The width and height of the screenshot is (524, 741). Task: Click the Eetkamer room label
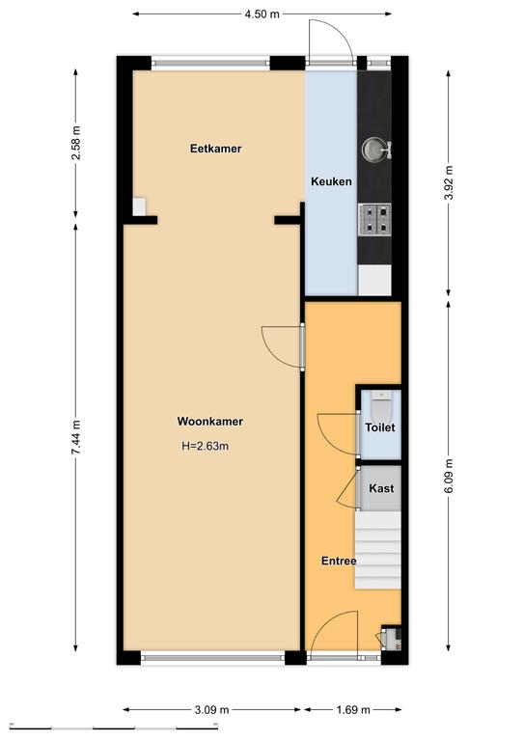click(x=215, y=149)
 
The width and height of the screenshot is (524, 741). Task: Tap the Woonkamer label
click(x=209, y=421)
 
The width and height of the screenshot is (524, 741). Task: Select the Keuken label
click(x=331, y=181)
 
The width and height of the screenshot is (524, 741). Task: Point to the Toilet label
click(x=380, y=427)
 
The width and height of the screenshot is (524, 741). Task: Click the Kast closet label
click(x=381, y=488)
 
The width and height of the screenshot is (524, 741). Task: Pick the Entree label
click(x=339, y=561)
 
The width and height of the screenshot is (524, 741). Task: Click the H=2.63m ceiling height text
click(x=205, y=446)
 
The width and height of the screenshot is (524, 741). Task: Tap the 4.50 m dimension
click(x=262, y=14)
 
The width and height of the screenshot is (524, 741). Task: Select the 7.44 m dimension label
click(x=75, y=437)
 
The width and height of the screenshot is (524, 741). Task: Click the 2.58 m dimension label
click(x=75, y=142)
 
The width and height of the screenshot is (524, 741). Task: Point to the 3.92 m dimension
click(x=449, y=182)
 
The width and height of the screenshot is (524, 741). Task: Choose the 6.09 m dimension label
click(x=449, y=476)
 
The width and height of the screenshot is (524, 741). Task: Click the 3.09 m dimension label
click(x=211, y=709)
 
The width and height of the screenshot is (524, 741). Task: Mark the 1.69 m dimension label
click(x=352, y=709)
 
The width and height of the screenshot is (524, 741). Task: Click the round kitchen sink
click(x=373, y=149)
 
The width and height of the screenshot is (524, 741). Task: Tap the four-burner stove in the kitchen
click(x=374, y=220)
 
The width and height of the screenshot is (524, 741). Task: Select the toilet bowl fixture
click(x=381, y=406)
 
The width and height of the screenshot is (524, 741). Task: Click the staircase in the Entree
click(x=377, y=550)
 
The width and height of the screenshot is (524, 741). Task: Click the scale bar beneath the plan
click(x=114, y=727)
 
